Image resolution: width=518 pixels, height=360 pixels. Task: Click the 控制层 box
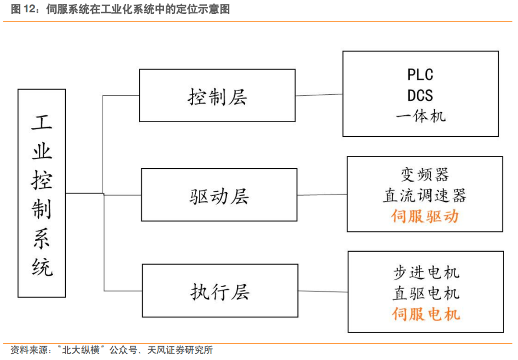coord(217,95)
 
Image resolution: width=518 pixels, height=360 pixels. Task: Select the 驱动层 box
coord(219,195)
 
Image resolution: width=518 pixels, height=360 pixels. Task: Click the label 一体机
coord(421,116)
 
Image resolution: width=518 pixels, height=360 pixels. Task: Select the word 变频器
coord(424,174)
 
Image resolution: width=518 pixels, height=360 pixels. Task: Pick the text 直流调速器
coord(424,195)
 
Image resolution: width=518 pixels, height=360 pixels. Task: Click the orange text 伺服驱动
coord(424,216)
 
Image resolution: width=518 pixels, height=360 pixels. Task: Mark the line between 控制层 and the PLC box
coord(319,95)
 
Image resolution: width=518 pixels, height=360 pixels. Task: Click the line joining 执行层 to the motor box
coord(323,291)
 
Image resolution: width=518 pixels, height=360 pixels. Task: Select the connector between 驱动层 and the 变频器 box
coord(322,195)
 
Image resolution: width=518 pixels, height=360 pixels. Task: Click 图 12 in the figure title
coord(22,10)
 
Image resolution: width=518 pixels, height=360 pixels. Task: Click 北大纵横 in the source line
coord(81,350)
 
